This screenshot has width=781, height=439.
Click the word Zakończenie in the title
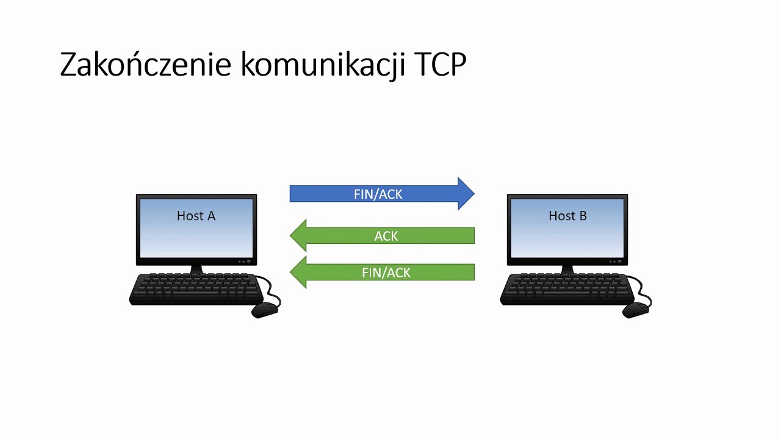pyautogui.click(x=145, y=65)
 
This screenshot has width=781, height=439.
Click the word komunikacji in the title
pyautogui.click(x=323, y=65)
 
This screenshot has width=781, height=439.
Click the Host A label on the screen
pyautogui.click(x=196, y=216)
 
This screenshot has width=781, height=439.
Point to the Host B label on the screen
pyautogui.click(x=567, y=216)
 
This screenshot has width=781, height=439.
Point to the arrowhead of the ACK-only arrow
pyautogui.click(x=295, y=235)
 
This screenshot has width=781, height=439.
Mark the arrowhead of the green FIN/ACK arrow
pyautogui.click(x=295, y=272)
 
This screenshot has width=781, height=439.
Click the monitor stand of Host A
pyautogui.click(x=196, y=269)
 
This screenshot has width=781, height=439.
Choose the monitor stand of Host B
pyautogui.click(x=567, y=269)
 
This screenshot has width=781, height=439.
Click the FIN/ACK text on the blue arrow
pyautogui.click(x=378, y=194)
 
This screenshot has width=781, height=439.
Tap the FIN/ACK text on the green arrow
pyautogui.click(x=386, y=273)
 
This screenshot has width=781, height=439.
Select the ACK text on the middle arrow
pyautogui.click(x=386, y=236)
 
